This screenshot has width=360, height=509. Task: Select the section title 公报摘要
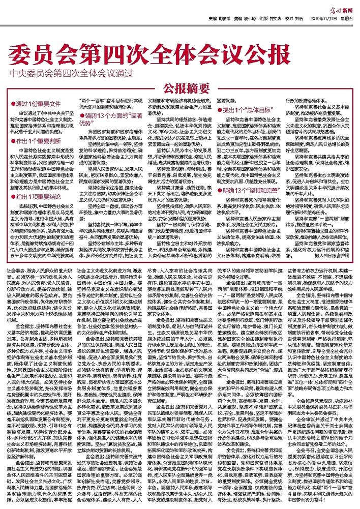(x=179, y=88)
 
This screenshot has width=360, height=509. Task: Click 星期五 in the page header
(x=347, y=17)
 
